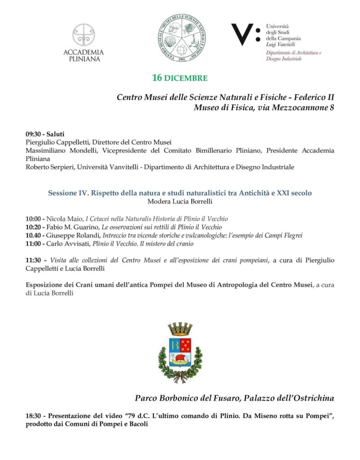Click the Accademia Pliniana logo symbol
(83, 35)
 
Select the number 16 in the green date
(157, 78)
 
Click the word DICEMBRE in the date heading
(186, 78)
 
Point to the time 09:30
(34, 134)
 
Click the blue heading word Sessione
(63, 193)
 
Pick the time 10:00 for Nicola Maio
(34, 219)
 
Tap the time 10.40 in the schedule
(34, 235)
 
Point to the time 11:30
(34, 261)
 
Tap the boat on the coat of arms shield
(180, 358)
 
